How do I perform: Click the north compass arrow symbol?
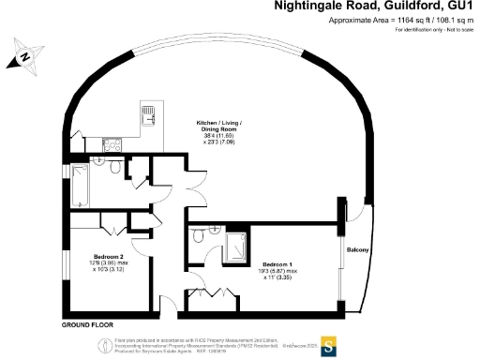point(25,59)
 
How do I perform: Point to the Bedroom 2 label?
point(110,256)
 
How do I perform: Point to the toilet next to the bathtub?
point(113,170)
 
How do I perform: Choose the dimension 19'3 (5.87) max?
point(280,271)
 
